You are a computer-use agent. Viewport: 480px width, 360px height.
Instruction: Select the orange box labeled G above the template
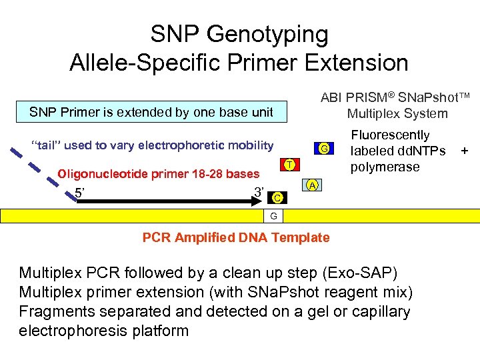click(323, 148)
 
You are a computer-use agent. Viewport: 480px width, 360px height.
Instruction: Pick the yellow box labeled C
click(278, 197)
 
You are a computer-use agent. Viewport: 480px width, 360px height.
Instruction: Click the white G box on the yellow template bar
click(274, 215)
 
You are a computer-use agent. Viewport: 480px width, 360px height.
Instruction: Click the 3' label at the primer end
click(260, 193)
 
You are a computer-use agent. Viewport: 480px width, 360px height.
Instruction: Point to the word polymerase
click(385, 167)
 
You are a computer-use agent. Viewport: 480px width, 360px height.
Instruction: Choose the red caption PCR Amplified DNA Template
click(236, 237)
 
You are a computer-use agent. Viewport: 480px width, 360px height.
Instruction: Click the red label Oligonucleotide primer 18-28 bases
click(159, 174)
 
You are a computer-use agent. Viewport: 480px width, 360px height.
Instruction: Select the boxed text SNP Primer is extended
click(151, 112)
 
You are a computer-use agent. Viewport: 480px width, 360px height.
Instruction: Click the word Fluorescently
click(390, 135)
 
